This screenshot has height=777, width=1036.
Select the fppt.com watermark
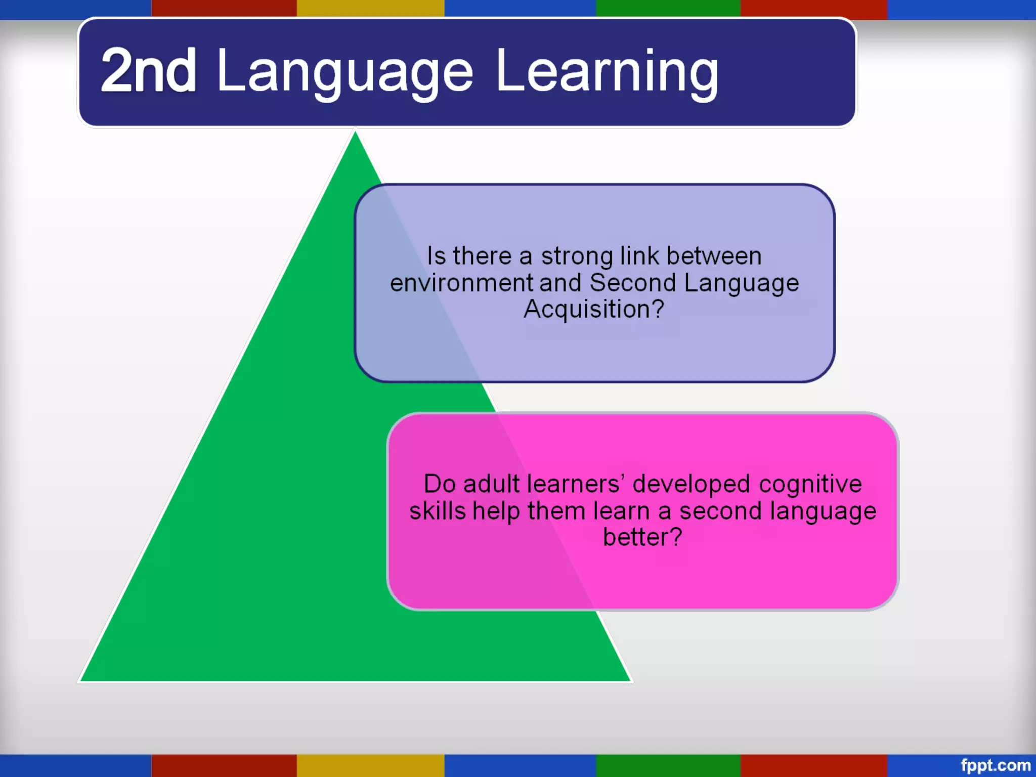click(x=995, y=765)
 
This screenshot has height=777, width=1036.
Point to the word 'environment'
click(x=461, y=283)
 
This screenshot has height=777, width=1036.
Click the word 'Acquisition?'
click(x=594, y=309)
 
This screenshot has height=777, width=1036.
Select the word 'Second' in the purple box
click(x=632, y=283)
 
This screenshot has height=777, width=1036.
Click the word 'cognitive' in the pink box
click(x=810, y=485)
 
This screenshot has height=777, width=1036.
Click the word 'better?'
click(x=642, y=537)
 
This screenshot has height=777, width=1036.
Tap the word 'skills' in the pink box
click(x=438, y=511)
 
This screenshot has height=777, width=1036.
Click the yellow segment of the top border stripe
click(x=370, y=9)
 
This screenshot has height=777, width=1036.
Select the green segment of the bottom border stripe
click(x=668, y=765)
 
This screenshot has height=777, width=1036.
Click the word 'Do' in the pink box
click(x=440, y=484)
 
